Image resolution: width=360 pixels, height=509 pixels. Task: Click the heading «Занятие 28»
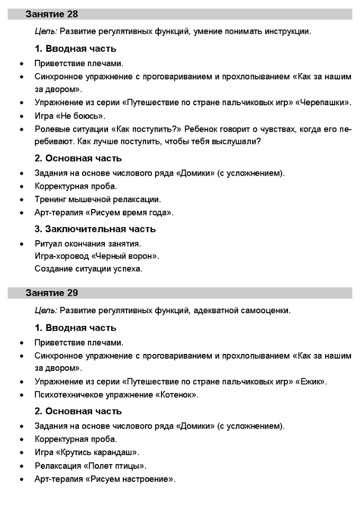[x=52, y=14]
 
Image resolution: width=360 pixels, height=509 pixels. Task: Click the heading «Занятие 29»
[x=52, y=293]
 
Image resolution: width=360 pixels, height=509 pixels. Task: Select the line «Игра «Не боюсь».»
[x=70, y=115]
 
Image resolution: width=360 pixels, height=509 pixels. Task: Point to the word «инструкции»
[x=286, y=31]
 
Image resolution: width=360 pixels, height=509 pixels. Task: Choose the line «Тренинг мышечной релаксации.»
[x=97, y=199]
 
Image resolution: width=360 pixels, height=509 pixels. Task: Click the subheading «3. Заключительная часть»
[x=95, y=229]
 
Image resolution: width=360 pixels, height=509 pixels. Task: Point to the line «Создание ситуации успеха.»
[x=88, y=269]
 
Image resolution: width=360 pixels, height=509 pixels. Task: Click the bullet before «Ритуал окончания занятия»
[x=21, y=244]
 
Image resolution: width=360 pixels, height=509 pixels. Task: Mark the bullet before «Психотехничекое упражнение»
[x=21, y=394]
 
